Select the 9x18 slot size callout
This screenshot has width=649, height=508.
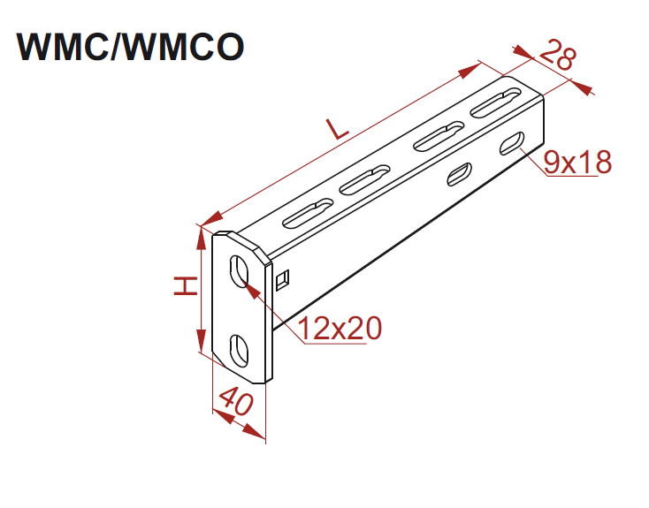(577, 162)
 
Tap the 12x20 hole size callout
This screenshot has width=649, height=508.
(340, 329)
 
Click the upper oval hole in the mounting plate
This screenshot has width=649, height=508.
(240, 270)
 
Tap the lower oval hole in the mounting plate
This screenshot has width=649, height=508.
(240, 348)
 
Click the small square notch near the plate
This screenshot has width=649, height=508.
(283, 280)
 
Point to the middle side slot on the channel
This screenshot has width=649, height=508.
(458, 174)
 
